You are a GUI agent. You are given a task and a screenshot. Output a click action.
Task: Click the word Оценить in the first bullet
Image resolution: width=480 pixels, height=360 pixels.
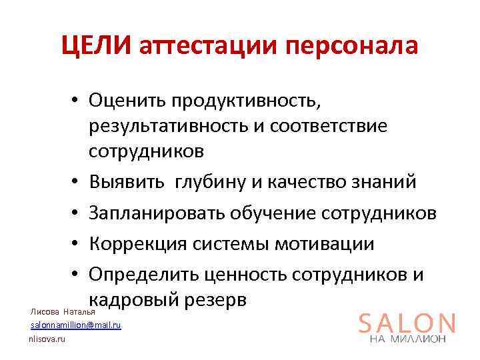pos(126,101)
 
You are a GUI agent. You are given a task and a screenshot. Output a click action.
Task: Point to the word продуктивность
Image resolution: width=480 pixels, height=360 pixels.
pos(245,102)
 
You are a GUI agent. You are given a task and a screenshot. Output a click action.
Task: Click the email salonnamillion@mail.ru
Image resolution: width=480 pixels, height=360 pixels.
pos(75,325)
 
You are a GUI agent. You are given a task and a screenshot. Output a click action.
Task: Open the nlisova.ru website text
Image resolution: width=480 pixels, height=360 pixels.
pos(46,339)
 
